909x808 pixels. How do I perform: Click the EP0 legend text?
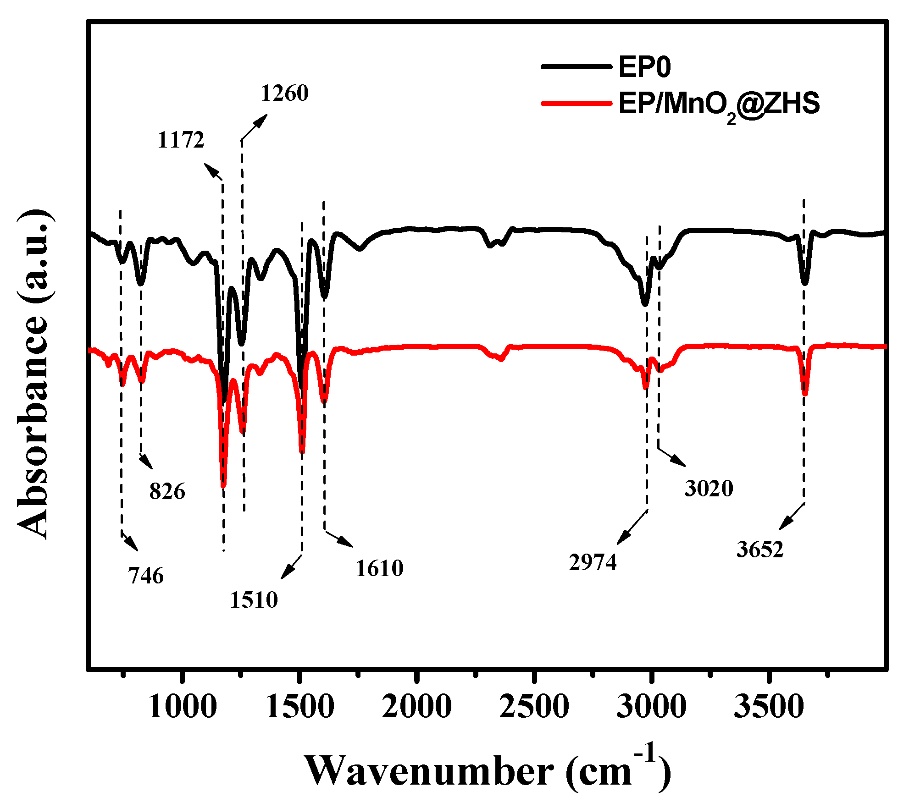click(x=644, y=67)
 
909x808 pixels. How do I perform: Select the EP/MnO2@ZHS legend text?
click(x=719, y=104)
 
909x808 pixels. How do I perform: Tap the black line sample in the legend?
click(x=577, y=66)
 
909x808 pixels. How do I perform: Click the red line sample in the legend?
click(x=577, y=103)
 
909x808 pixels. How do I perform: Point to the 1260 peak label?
click(x=284, y=93)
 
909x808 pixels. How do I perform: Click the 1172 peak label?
click(x=181, y=140)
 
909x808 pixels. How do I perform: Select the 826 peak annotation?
click(x=167, y=492)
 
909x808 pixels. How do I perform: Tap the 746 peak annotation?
click(x=146, y=576)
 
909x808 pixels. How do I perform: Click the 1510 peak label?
click(x=254, y=600)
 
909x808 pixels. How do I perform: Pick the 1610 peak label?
click(x=379, y=568)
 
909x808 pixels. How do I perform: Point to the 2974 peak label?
click(x=593, y=562)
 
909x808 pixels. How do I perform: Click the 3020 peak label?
click(x=709, y=489)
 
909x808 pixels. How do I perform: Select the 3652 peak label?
click(x=760, y=550)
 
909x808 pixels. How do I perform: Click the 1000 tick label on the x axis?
click(x=182, y=707)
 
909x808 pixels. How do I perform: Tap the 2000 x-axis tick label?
click(x=416, y=707)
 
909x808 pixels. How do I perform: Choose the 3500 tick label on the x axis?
click(x=769, y=707)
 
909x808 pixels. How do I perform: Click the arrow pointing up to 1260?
click(x=254, y=127)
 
